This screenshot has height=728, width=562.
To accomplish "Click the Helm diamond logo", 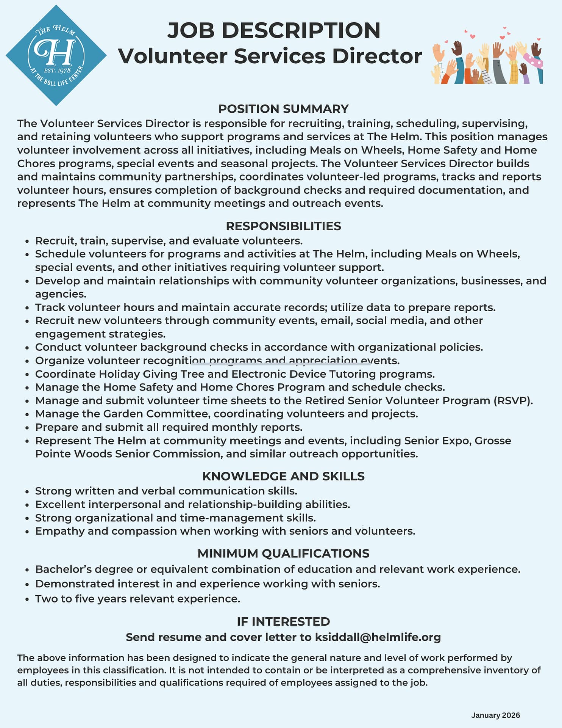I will pyautogui.click(x=56, y=55).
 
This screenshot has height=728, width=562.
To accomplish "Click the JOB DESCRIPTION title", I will pyautogui.click(x=273, y=30).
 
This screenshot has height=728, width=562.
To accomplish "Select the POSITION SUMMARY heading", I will pyautogui.click(x=283, y=109).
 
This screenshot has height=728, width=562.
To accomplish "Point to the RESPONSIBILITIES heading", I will pyautogui.click(x=283, y=226).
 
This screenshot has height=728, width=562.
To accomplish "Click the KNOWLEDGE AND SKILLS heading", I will pyautogui.click(x=283, y=476).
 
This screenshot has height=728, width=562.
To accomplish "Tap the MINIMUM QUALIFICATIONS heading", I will pyautogui.click(x=283, y=554).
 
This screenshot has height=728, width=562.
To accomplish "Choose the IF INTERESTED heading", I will pyautogui.click(x=283, y=621).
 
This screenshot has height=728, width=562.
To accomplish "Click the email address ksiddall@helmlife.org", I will pyautogui.click(x=378, y=637).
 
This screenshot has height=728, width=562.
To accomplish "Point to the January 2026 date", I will pyautogui.click(x=495, y=715).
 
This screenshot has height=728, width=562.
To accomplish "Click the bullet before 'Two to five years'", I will pyautogui.click(x=27, y=599).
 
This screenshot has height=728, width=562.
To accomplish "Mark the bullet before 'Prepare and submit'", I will pyautogui.click(x=27, y=428).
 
